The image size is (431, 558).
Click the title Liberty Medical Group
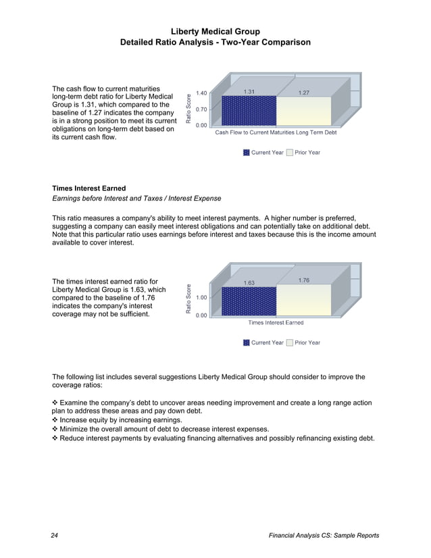(x=215, y=32)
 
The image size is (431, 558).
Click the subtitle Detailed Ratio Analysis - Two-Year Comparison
(x=215, y=43)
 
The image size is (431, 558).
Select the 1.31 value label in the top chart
(x=249, y=91)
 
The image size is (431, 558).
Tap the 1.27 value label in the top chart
(x=304, y=92)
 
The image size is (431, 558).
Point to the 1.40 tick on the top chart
(x=201, y=94)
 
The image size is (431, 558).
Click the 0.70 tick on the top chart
(x=201, y=109)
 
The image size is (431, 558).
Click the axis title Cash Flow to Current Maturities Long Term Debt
(x=275, y=133)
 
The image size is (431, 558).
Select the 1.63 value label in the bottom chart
(x=249, y=282)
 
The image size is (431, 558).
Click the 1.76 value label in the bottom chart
(x=304, y=280)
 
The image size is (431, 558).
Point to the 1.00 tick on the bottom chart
(x=201, y=297)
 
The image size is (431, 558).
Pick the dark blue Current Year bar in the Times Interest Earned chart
(x=249, y=300)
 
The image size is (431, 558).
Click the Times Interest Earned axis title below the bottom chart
(x=276, y=323)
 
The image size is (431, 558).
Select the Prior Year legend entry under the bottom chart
(x=303, y=343)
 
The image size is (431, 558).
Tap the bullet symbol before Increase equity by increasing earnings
(x=55, y=420)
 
